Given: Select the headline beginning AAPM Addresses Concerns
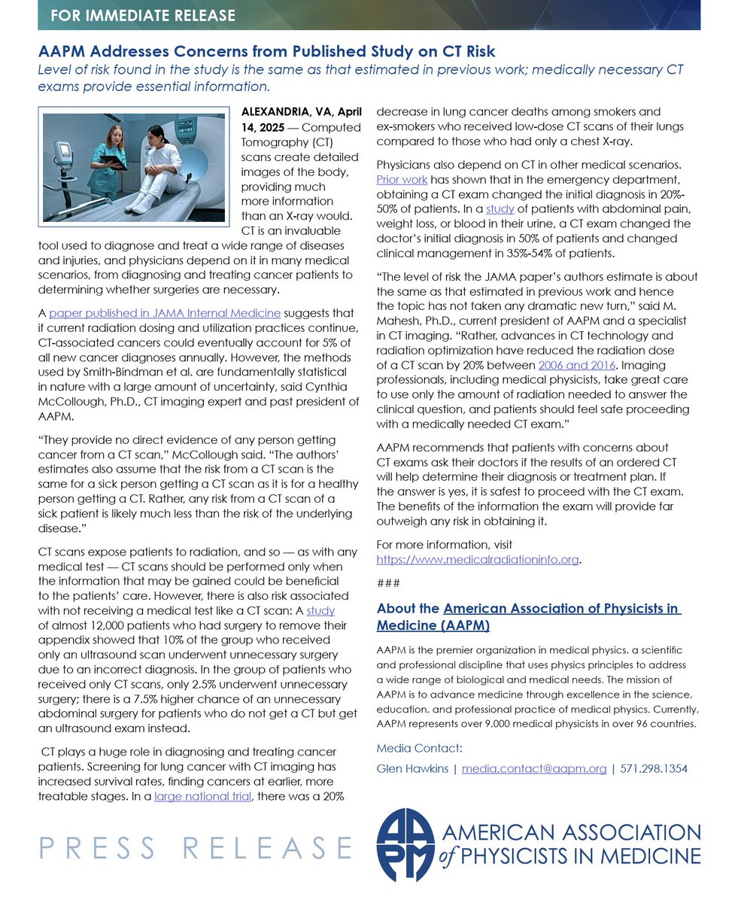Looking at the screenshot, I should click(x=266, y=52).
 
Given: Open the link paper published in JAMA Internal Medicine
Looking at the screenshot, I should click(x=165, y=313).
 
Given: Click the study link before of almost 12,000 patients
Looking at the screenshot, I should click(x=320, y=611).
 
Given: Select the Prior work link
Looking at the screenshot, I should click(x=402, y=180).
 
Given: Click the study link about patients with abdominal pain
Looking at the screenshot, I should click(x=499, y=208).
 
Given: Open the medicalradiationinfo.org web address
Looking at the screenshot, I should click(x=478, y=559).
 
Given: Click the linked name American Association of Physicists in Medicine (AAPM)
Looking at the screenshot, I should click(x=527, y=617).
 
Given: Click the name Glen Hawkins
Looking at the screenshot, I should click(x=412, y=768).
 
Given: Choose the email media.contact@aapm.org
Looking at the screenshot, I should click(x=533, y=768).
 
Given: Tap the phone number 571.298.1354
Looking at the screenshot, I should click(x=654, y=768).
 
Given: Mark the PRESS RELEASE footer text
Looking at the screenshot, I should click(x=195, y=847).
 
